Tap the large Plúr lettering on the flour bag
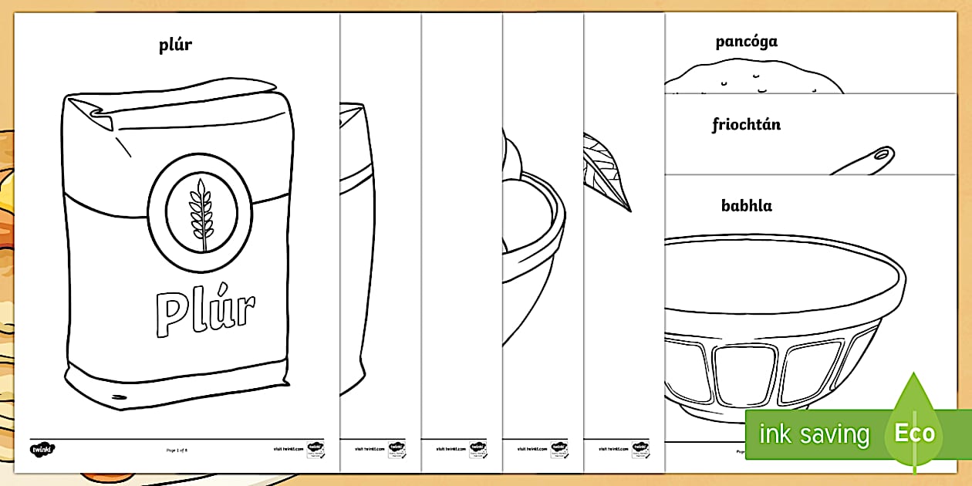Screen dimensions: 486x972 [204, 312]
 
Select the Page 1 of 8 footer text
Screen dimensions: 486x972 [177, 448]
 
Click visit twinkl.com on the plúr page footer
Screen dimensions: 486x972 [288, 448]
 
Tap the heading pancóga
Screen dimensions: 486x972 [746, 41]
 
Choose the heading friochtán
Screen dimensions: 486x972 [746, 124]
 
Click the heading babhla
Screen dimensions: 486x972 [746, 205]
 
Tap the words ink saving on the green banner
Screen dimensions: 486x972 [814, 434]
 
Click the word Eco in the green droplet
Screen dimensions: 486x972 [914, 433]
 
